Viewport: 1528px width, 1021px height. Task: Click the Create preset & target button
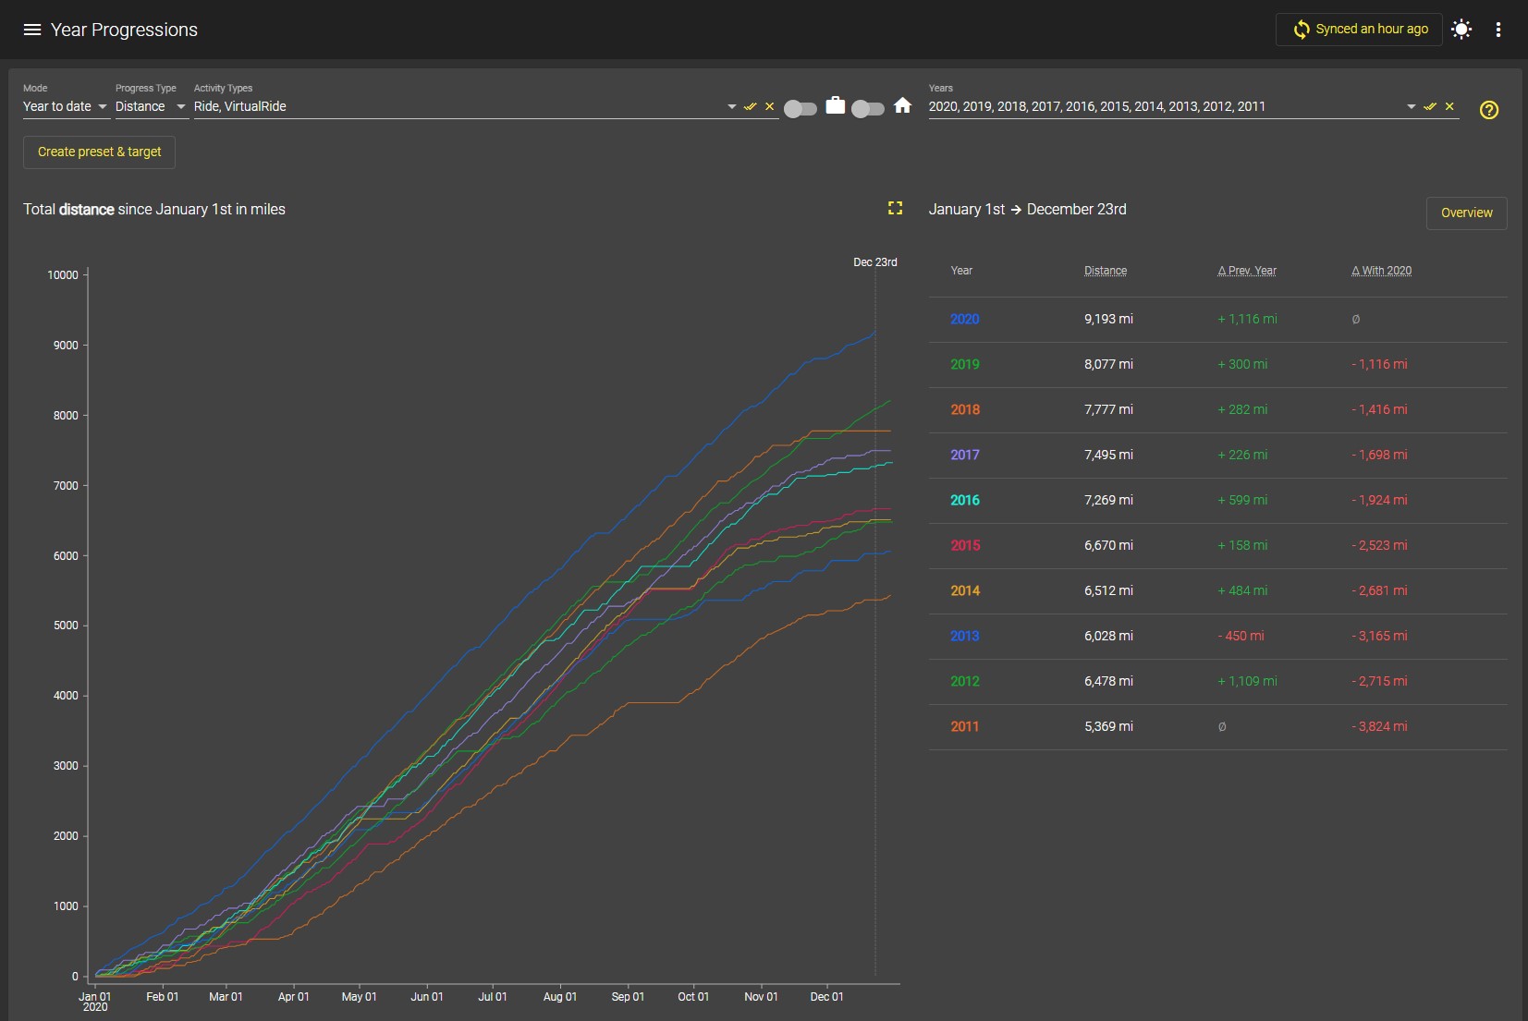point(99,152)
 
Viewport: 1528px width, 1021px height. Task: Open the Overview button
point(1467,213)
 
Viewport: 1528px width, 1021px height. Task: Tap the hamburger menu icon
point(32,30)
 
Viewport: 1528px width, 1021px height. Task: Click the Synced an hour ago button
point(1359,30)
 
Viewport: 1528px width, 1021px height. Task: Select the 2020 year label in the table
point(964,319)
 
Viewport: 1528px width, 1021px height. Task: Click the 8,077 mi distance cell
point(1108,364)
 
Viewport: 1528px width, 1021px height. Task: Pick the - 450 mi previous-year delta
point(1241,636)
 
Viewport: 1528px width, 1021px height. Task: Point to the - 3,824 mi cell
point(1379,726)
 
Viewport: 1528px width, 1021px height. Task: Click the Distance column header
point(1106,271)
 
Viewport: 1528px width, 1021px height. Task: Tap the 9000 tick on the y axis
point(66,346)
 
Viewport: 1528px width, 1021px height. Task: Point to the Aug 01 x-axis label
point(560,996)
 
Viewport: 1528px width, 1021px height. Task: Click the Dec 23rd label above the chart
point(875,261)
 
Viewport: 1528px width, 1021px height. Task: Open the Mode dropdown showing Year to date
point(66,106)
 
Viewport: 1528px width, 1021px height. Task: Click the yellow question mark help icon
point(1489,109)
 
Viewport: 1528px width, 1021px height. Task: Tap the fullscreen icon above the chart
point(895,208)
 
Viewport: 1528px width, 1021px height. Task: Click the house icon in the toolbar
point(902,105)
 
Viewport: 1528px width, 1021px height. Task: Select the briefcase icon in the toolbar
point(835,105)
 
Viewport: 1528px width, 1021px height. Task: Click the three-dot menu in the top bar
point(1498,30)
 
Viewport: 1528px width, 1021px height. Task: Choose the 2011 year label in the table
point(964,726)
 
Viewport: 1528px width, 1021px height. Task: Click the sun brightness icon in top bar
point(1461,30)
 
